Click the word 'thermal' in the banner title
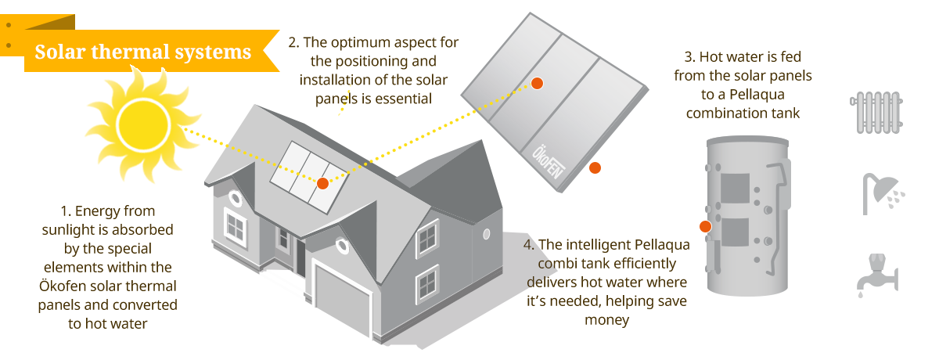(x=148, y=52)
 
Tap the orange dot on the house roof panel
(x=322, y=183)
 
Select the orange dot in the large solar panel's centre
(x=537, y=84)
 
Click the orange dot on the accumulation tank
(x=704, y=226)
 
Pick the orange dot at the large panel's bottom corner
(x=595, y=167)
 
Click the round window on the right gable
(x=487, y=233)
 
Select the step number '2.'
(x=294, y=44)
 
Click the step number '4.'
(x=529, y=244)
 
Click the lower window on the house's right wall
(x=427, y=283)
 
